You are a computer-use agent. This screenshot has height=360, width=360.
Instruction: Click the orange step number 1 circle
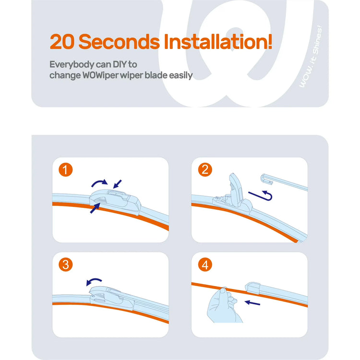pyautogui.click(x=66, y=169)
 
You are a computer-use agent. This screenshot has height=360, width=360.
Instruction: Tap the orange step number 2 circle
pyautogui.click(x=205, y=169)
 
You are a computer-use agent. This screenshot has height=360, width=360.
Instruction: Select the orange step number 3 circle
pyautogui.click(x=66, y=264)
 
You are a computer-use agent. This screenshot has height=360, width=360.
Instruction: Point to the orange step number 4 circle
pyautogui.click(x=205, y=264)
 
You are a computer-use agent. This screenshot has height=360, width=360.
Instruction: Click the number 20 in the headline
pyautogui.click(x=62, y=42)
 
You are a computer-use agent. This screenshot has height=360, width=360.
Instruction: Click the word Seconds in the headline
pyautogui.click(x=119, y=42)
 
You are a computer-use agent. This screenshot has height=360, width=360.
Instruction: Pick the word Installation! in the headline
pyautogui.click(x=218, y=41)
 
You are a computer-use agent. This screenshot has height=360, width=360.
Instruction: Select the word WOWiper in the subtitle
pyautogui.click(x=101, y=76)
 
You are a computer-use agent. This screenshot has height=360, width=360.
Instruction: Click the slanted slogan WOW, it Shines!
pyautogui.click(x=311, y=57)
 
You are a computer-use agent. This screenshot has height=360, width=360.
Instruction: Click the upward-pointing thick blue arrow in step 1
pyautogui.click(x=95, y=208)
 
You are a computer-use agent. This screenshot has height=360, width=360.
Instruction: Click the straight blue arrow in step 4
pyautogui.click(x=252, y=303)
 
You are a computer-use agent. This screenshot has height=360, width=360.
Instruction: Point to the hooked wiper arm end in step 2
pyautogui.click(x=266, y=179)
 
